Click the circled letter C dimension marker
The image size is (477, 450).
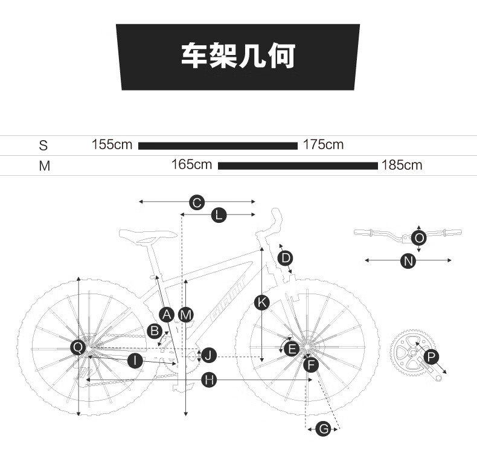click(197, 202)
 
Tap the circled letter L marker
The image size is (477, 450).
click(219, 215)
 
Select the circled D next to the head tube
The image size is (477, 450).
click(286, 258)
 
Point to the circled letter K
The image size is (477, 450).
click(262, 303)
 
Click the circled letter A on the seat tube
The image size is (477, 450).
click(167, 315)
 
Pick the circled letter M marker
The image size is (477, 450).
click(185, 315)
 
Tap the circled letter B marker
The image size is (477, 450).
click(155, 331)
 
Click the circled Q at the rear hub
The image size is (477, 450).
click(78, 347)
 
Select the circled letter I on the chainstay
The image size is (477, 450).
click(135, 361)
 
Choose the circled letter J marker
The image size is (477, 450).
click(209, 355)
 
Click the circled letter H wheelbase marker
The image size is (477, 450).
click(210, 381)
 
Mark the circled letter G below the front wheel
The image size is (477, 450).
click(324, 429)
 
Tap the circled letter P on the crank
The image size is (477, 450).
click(431, 356)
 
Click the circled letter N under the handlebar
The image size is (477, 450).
click(408, 261)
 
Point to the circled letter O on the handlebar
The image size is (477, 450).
click(419, 237)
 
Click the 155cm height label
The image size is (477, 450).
click(112, 144)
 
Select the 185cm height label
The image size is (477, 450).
click(402, 166)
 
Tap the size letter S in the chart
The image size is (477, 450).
click(43, 146)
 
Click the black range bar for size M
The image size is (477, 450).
click(298, 166)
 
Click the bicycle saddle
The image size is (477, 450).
click(148, 236)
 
